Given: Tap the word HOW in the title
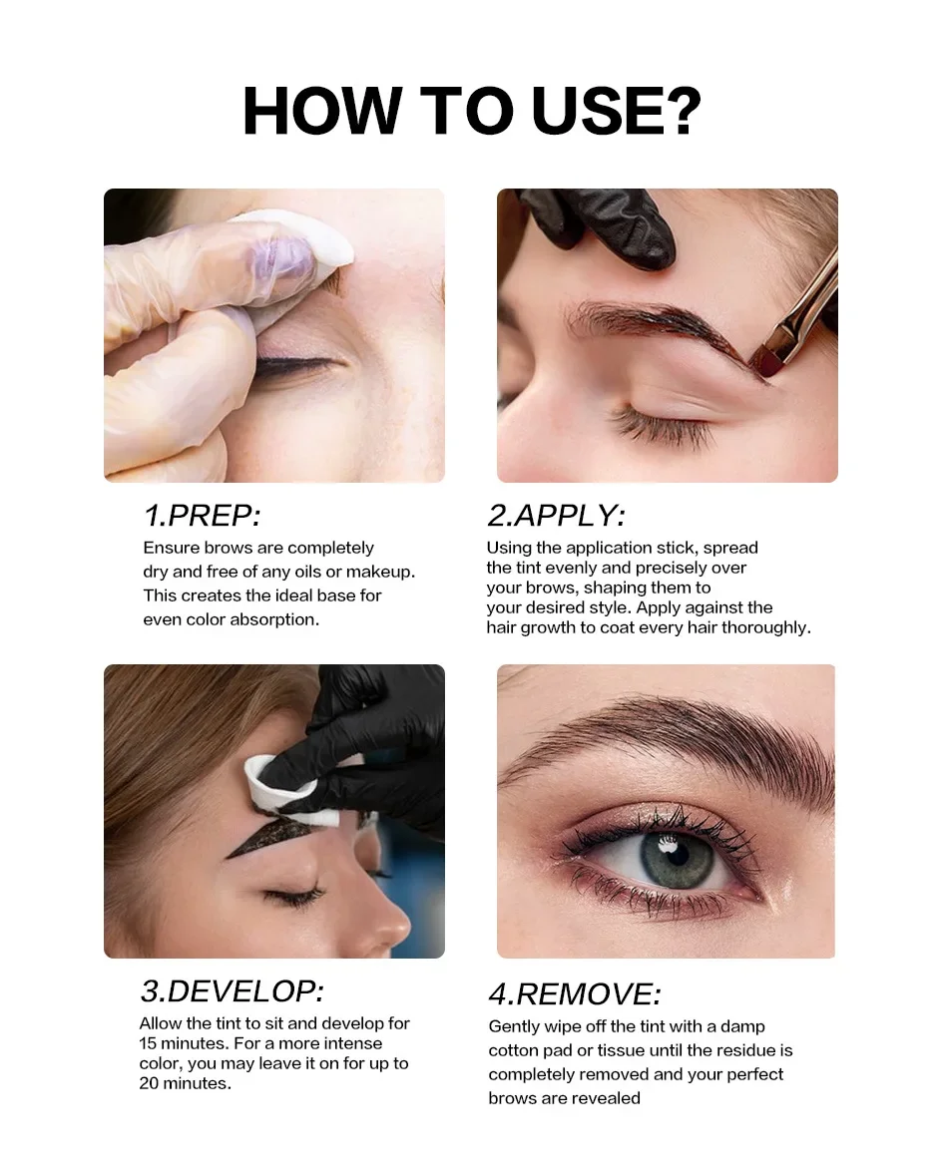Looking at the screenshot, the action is click(322, 111).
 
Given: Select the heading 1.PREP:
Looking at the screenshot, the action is click(202, 516).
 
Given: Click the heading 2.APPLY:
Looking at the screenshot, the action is click(555, 516).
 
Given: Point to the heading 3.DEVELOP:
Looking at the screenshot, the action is click(233, 990).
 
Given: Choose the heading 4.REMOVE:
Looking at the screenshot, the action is click(575, 994).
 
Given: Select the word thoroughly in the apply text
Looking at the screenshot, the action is click(766, 628).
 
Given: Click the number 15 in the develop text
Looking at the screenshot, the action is click(148, 1043).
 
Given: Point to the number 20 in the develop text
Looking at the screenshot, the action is click(150, 1083).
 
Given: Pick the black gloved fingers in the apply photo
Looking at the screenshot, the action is click(607, 223).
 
